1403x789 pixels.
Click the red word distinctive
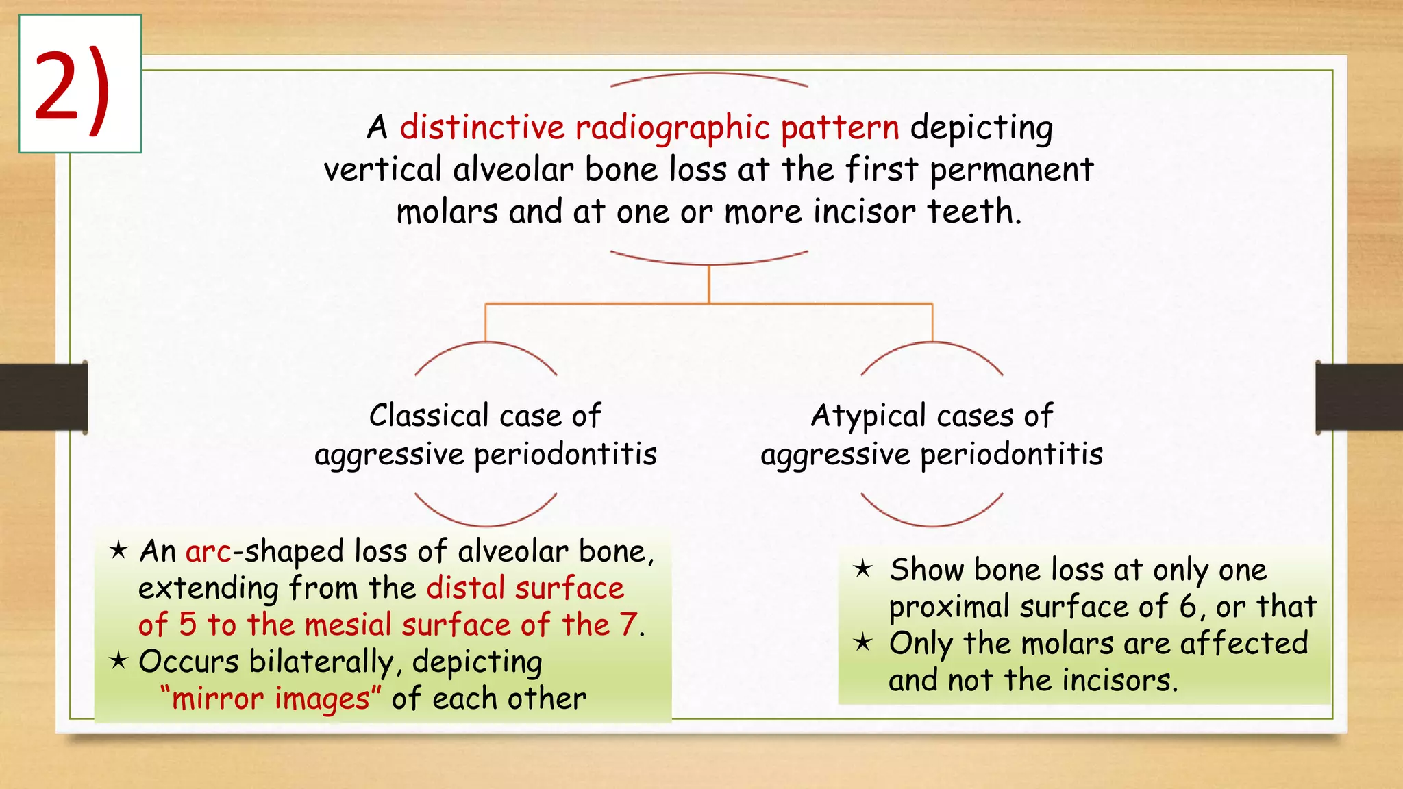482,127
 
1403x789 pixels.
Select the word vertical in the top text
382,170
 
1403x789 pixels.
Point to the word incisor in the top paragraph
864,212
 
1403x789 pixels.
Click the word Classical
429,416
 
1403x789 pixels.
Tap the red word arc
208,552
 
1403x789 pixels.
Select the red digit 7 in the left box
628,625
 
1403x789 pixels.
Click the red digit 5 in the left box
188,625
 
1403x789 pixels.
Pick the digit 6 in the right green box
1187,607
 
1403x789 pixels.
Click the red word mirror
217,699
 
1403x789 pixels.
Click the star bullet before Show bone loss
862,568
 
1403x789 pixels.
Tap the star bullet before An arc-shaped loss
119,549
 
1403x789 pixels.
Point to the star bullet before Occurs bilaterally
119,660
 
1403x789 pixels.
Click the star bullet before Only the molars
862,642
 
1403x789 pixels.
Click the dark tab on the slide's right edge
1358,397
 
